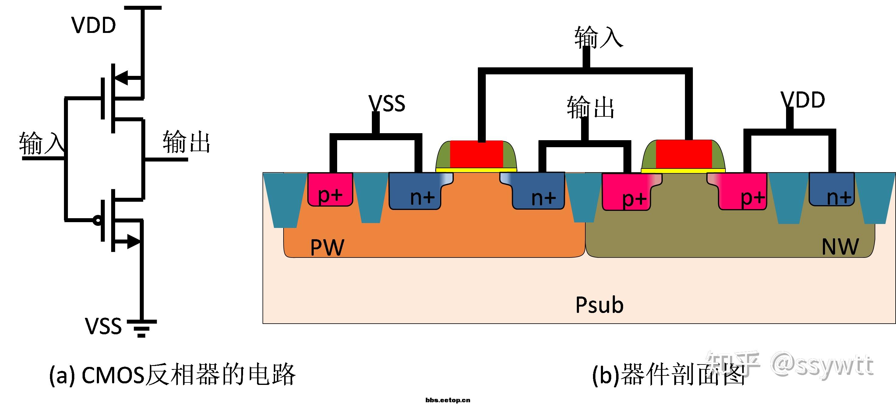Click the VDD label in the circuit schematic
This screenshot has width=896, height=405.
coord(93,25)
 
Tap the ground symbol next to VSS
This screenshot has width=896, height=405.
coord(142,328)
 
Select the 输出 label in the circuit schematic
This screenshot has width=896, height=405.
coord(186,142)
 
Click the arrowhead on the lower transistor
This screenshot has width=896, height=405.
coord(134,241)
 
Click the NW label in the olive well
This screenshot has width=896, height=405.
coord(840,247)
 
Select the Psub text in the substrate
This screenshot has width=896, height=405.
coord(599,305)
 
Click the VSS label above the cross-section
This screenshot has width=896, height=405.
coord(387,103)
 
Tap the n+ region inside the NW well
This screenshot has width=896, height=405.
coord(831,190)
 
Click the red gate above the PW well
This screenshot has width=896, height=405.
coord(476,154)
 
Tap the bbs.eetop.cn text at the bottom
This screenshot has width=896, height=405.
coord(448,400)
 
